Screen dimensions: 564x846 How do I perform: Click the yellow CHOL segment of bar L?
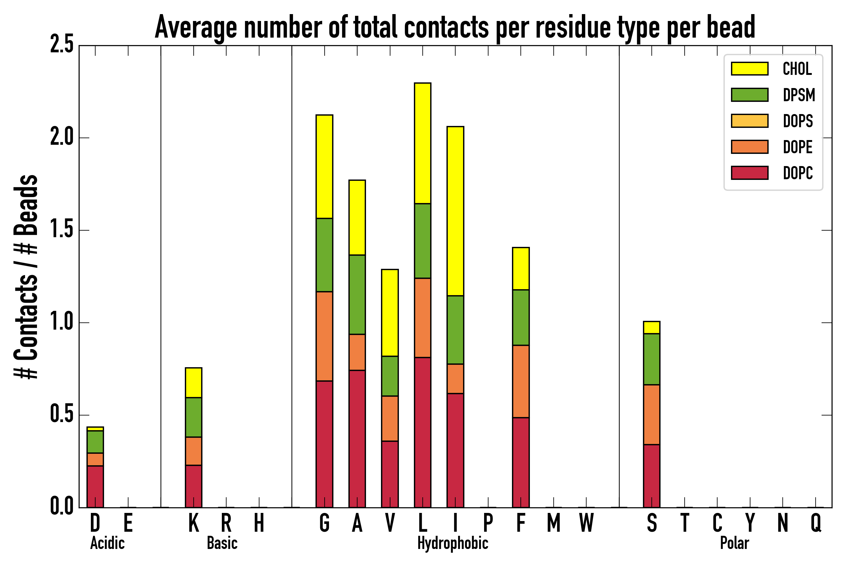click(423, 143)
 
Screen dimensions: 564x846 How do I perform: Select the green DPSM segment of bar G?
click(324, 255)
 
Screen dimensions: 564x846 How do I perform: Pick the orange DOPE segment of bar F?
click(520, 381)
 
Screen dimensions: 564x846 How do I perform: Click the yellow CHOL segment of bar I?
click(455, 211)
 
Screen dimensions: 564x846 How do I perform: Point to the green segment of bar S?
click(651, 359)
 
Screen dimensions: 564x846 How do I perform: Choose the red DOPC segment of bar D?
click(95, 486)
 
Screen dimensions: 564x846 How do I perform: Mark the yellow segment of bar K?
click(194, 382)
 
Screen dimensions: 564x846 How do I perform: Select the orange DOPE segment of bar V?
click(389, 418)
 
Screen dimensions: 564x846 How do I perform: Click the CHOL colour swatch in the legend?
click(749, 69)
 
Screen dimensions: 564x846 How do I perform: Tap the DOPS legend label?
click(798, 121)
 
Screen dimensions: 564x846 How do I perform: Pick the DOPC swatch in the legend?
click(749, 173)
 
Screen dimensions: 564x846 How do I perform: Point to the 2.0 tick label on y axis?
click(62, 138)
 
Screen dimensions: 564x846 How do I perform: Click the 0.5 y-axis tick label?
click(62, 415)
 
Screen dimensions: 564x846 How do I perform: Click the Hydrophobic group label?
click(452, 543)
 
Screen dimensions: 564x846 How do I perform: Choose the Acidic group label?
click(107, 543)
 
